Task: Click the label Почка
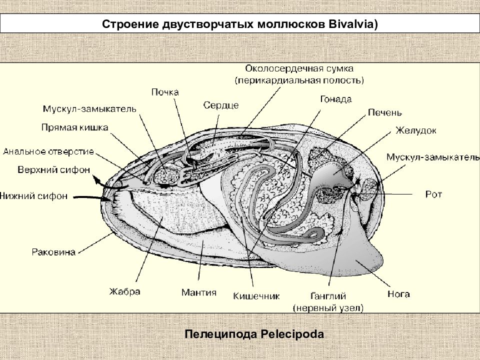165,92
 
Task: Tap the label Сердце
220,105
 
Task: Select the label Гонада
336,99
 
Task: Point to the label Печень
385,112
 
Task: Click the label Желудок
415,130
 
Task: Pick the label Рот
433,194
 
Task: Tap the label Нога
398,294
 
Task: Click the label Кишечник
256,296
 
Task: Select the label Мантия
199,292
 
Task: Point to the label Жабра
125,291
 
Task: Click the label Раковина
53,252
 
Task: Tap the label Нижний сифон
33,195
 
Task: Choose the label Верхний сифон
54,169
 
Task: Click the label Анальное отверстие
48,151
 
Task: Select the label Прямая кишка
74,127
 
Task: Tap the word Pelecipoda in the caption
292,333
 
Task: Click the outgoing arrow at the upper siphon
107,182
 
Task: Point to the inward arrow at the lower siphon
92,198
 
